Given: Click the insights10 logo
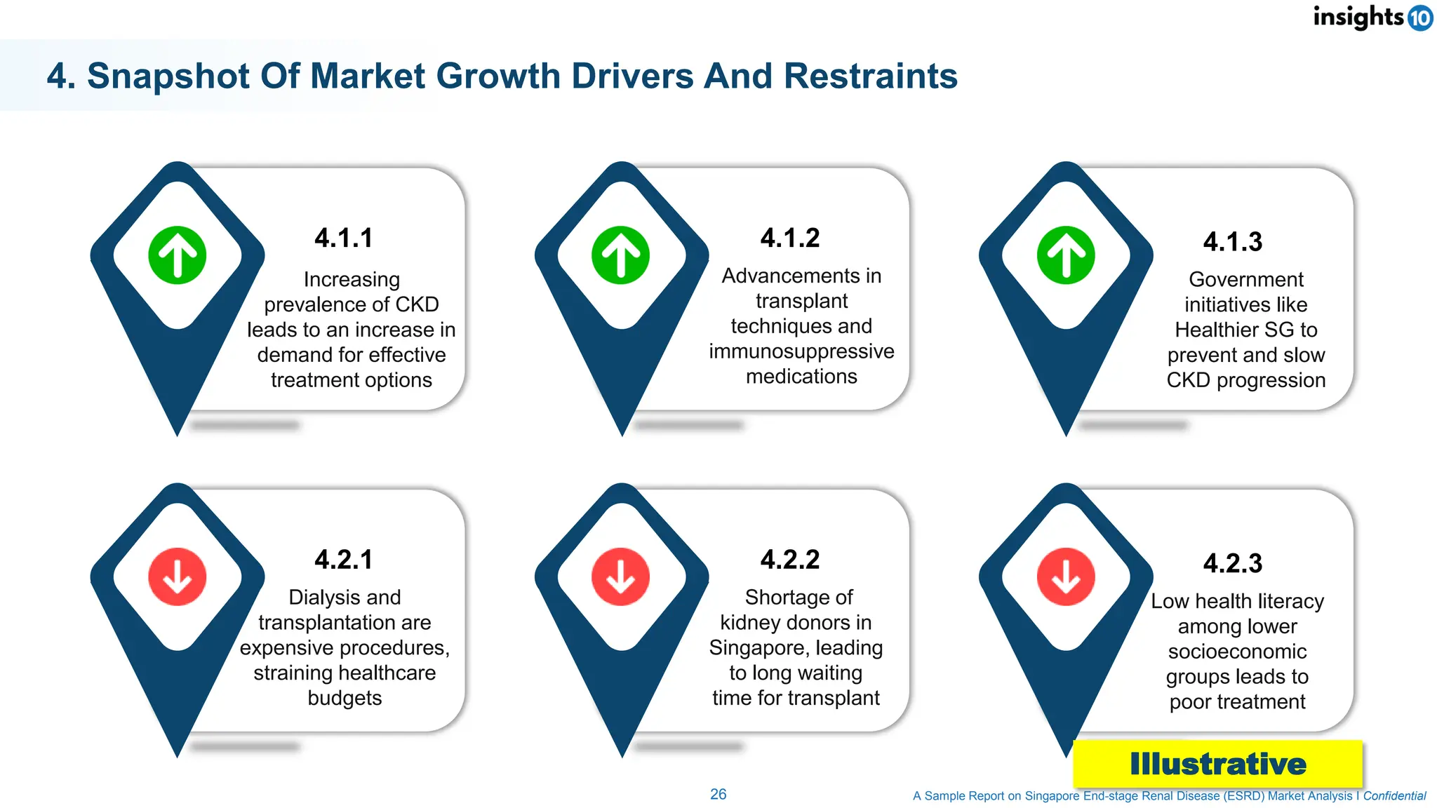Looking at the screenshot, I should point(1372,17).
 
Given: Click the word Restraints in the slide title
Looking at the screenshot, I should point(870,76).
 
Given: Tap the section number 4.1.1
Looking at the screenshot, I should point(343,238).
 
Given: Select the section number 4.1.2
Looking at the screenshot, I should point(790,238).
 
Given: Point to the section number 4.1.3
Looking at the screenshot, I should point(1233,242).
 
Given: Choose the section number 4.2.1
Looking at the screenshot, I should point(343,560).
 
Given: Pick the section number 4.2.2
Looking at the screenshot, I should point(790,560).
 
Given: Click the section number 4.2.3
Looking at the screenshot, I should point(1233,563).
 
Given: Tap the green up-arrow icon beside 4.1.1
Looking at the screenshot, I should point(178,255).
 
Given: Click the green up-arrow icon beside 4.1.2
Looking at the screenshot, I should point(621,255).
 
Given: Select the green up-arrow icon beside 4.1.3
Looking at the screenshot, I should point(1066,255).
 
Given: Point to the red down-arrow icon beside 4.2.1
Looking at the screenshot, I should point(178,577).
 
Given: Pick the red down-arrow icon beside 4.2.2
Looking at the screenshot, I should point(621,577).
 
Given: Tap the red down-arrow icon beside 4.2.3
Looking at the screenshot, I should point(1066,577).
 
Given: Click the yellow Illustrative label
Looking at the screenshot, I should point(1217,764).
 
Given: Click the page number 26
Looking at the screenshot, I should point(718,794).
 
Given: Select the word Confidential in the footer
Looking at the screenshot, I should point(1394,796).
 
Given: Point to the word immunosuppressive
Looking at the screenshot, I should point(801,351).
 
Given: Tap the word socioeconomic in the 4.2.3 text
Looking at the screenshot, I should point(1237,652).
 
